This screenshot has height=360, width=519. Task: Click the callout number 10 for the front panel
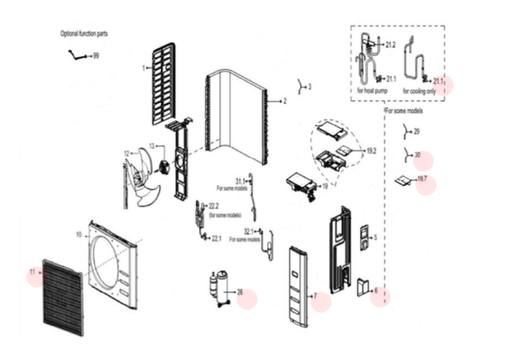tap(79, 234)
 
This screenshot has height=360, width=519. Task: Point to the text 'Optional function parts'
tap(84, 33)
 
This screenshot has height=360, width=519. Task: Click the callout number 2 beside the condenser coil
tap(284, 101)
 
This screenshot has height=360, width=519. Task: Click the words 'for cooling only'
tap(419, 91)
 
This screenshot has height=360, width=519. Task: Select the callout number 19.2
tap(371, 151)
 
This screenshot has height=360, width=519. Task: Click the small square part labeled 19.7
tap(402, 181)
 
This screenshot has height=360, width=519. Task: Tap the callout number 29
tap(416, 131)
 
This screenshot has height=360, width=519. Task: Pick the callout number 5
tap(375, 238)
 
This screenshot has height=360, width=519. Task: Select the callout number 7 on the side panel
tap(315, 296)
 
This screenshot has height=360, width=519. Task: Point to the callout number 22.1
tap(216, 239)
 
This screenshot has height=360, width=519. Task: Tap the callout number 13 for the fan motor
tap(151, 146)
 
